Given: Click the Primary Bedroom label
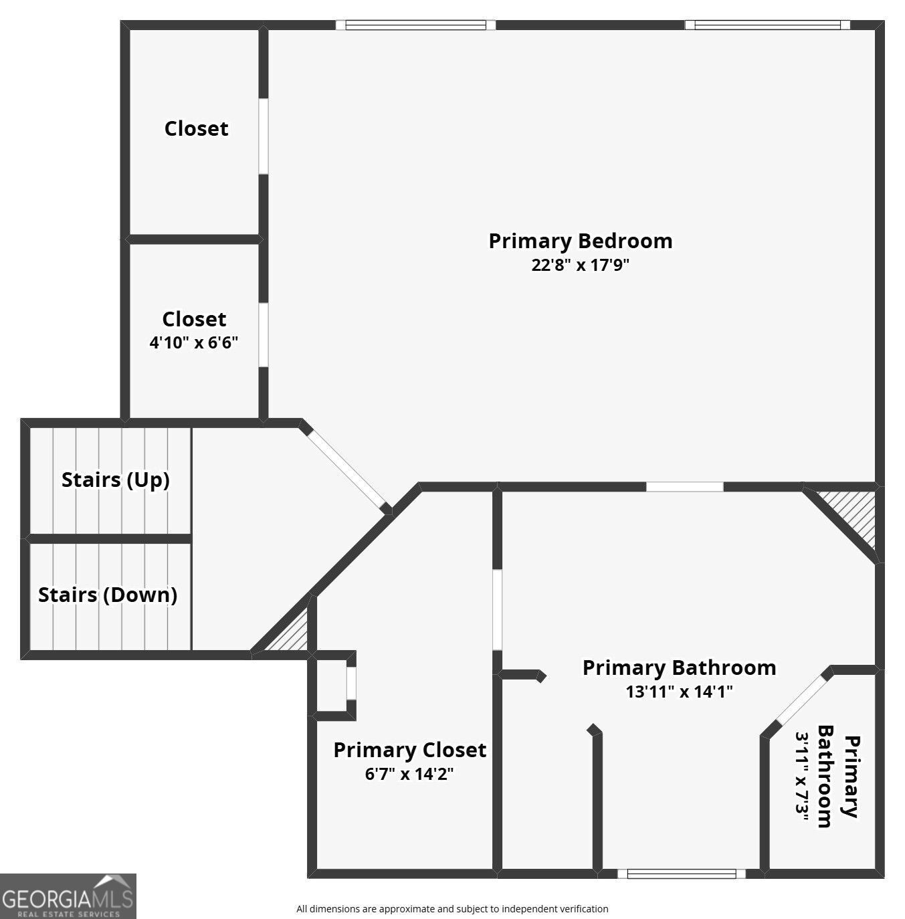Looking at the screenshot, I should pyautogui.click(x=580, y=241).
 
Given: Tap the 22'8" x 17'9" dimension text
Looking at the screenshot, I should pyautogui.click(x=580, y=265).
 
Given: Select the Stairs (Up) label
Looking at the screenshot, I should pyautogui.click(x=115, y=480).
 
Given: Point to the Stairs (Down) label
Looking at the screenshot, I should pyautogui.click(x=108, y=595).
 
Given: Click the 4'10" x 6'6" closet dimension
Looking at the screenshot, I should pyautogui.click(x=193, y=343).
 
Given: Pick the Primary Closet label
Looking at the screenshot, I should pyautogui.click(x=409, y=750).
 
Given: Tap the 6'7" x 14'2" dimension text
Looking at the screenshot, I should pyautogui.click(x=409, y=774).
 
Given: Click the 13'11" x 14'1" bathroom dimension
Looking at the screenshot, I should pyautogui.click(x=679, y=692).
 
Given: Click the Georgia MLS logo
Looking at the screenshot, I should pyautogui.click(x=68, y=896).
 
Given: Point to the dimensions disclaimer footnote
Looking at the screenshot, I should pyautogui.click(x=452, y=909).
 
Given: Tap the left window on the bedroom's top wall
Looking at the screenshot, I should pyautogui.click(x=415, y=25).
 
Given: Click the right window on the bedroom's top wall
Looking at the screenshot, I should pyautogui.click(x=767, y=25).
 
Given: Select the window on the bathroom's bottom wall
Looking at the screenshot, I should pyautogui.click(x=681, y=874).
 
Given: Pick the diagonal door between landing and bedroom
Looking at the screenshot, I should pyautogui.click(x=346, y=468).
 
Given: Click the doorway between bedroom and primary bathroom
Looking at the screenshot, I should pyautogui.click(x=685, y=487).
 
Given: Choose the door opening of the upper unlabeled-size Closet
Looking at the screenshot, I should pyautogui.click(x=264, y=136).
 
